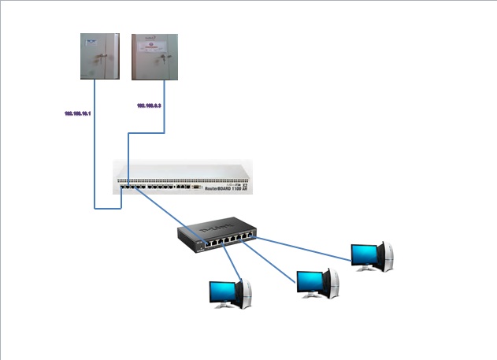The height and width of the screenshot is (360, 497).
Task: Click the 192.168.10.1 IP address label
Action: coord(78,114)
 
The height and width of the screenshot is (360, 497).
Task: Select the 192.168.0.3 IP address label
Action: coord(149,106)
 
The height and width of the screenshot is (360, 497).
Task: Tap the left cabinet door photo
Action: coord(100,56)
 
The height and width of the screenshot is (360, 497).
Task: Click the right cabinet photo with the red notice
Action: coord(154,56)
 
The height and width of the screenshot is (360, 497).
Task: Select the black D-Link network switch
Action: coord(217,234)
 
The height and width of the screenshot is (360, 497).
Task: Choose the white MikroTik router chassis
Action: coord(182,177)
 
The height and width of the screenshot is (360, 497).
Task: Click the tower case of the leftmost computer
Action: coord(245,293)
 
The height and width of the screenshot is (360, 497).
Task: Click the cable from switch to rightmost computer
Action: coord(307,247)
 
